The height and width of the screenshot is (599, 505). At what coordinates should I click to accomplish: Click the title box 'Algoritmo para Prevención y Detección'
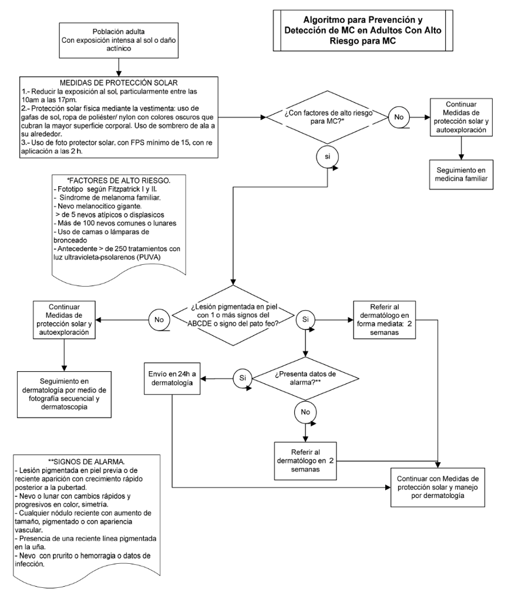pos(363,31)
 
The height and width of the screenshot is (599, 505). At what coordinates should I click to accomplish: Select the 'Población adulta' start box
pos(119,40)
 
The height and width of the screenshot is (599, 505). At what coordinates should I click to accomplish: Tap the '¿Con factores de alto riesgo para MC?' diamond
pos(328,117)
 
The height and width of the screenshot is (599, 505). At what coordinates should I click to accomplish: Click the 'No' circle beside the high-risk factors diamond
pos(399,117)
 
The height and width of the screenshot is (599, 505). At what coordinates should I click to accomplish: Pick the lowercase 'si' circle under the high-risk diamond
pos(328,157)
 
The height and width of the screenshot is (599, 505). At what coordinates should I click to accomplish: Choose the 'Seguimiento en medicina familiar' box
pos(461,174)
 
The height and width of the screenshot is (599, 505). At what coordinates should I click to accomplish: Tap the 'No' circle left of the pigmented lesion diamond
pos(159,319)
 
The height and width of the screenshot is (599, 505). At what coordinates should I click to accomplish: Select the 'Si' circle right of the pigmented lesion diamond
pos(305,319)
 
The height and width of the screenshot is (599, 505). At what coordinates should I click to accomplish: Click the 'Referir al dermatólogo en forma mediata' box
pos(384,319)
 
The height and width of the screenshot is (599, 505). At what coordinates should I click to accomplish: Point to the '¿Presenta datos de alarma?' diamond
pos(305,379)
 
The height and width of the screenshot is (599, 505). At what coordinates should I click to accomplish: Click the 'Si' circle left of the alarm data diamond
pos(243,378)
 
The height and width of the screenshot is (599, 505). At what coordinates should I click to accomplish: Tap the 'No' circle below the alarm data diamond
pos(305,412)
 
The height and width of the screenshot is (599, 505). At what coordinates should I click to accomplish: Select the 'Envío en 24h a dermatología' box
pos(172,379)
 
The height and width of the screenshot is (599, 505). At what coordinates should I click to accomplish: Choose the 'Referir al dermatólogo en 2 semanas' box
pos(305,461)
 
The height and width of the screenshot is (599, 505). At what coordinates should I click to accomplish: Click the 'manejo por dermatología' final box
pos(437,487)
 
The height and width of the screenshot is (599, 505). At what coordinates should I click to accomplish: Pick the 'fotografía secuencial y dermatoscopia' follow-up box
pos(64,394)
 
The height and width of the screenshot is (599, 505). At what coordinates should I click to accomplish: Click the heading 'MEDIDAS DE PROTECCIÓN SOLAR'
pos(119,83)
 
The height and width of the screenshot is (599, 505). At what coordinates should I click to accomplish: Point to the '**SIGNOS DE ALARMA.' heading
pos(86,461)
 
